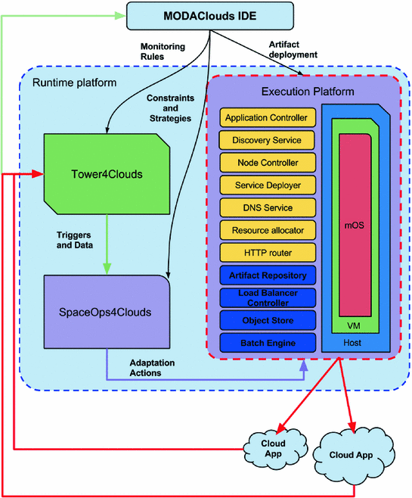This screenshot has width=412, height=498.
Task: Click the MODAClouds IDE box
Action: pyautogui.click(x=210, y=16)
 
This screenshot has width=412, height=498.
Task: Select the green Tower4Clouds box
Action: pyautogui.click(x=107, y=174)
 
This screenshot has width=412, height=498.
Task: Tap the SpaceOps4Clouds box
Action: pyautogui.click(x=107, y=312)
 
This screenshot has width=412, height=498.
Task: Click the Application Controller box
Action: pyautogui.click(x=268, y=117)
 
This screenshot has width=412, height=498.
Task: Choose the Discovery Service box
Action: pyautogui.click(x=268, y=140)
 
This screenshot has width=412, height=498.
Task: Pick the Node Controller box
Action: pyautogui.click(x=268, y=163)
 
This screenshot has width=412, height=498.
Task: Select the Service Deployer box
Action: pyautogui.click(x=268, y=185)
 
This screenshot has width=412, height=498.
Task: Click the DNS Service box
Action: pyautogui.click(x=268, y=207)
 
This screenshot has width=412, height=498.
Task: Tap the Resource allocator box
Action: pyautogui.click(x=268, y=230)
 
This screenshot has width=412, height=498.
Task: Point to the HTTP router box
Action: pyautogui.click(x=268, y=253)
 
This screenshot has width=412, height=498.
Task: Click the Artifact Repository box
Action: pyautogui.click(x=268, y=275)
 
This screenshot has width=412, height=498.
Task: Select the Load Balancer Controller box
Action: pyautogui.click(x=268, y=298)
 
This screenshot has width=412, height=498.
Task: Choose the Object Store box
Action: pyautogui.click(x=268, y=320)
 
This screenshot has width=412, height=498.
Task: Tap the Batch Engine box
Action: pyautogui.click(x=268, y=343)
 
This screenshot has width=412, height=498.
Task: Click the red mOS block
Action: pyautogui.click(x=355, y=226)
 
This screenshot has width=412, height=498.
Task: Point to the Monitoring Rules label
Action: pyautogui.click(x=163, y=51)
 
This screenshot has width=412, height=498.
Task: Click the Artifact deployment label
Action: pyautogui.click(x=293, y=49)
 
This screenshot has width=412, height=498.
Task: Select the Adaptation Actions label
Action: pyautogui.click(x=152, y=368)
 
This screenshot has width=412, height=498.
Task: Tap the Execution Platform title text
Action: pyautogui.click(x=308, y=92)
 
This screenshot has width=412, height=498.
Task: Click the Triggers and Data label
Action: pyautogui.click(x=75, y=240)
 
